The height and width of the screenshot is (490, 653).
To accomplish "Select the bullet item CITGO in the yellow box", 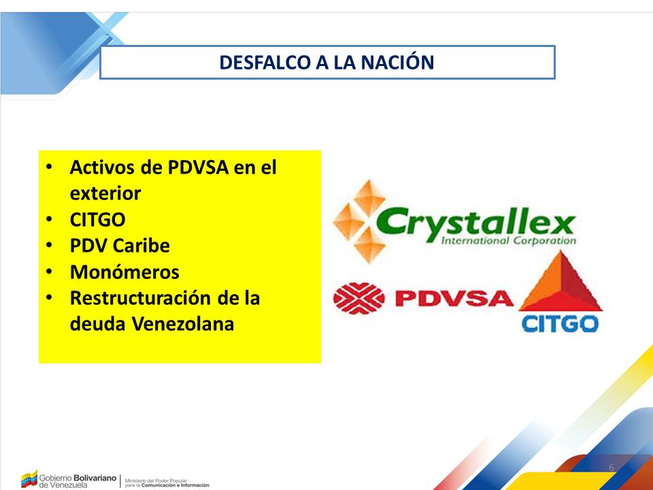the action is point(97,220).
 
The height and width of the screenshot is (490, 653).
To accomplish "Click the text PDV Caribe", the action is point(120,246).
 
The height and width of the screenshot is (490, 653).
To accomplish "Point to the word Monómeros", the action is point(124,272).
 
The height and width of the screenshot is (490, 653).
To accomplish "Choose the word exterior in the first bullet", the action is point(105,193).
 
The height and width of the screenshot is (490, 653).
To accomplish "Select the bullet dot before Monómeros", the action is point(49,272).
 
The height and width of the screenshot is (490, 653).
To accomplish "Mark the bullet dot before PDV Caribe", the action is point(49,246).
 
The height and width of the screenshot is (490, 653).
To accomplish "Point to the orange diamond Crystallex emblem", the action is point(359,222).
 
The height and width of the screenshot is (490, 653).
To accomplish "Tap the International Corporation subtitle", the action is point(509,240).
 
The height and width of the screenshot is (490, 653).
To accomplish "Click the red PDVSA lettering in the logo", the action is point(454,298).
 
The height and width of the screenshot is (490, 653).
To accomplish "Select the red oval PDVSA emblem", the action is point(359,298).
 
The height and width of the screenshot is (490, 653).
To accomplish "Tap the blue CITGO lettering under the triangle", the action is point(560,324).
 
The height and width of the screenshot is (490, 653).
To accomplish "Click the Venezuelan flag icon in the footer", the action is point(29,479).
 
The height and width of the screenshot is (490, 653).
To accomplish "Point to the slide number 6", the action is point(612,468).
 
